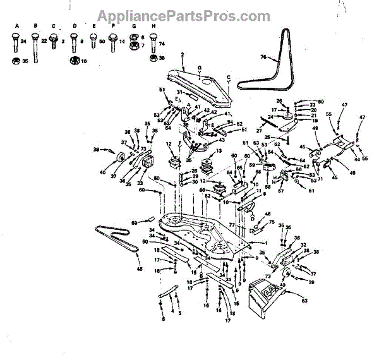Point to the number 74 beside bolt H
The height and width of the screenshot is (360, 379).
point(161,44)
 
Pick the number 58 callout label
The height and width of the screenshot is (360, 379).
point(268,187)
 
